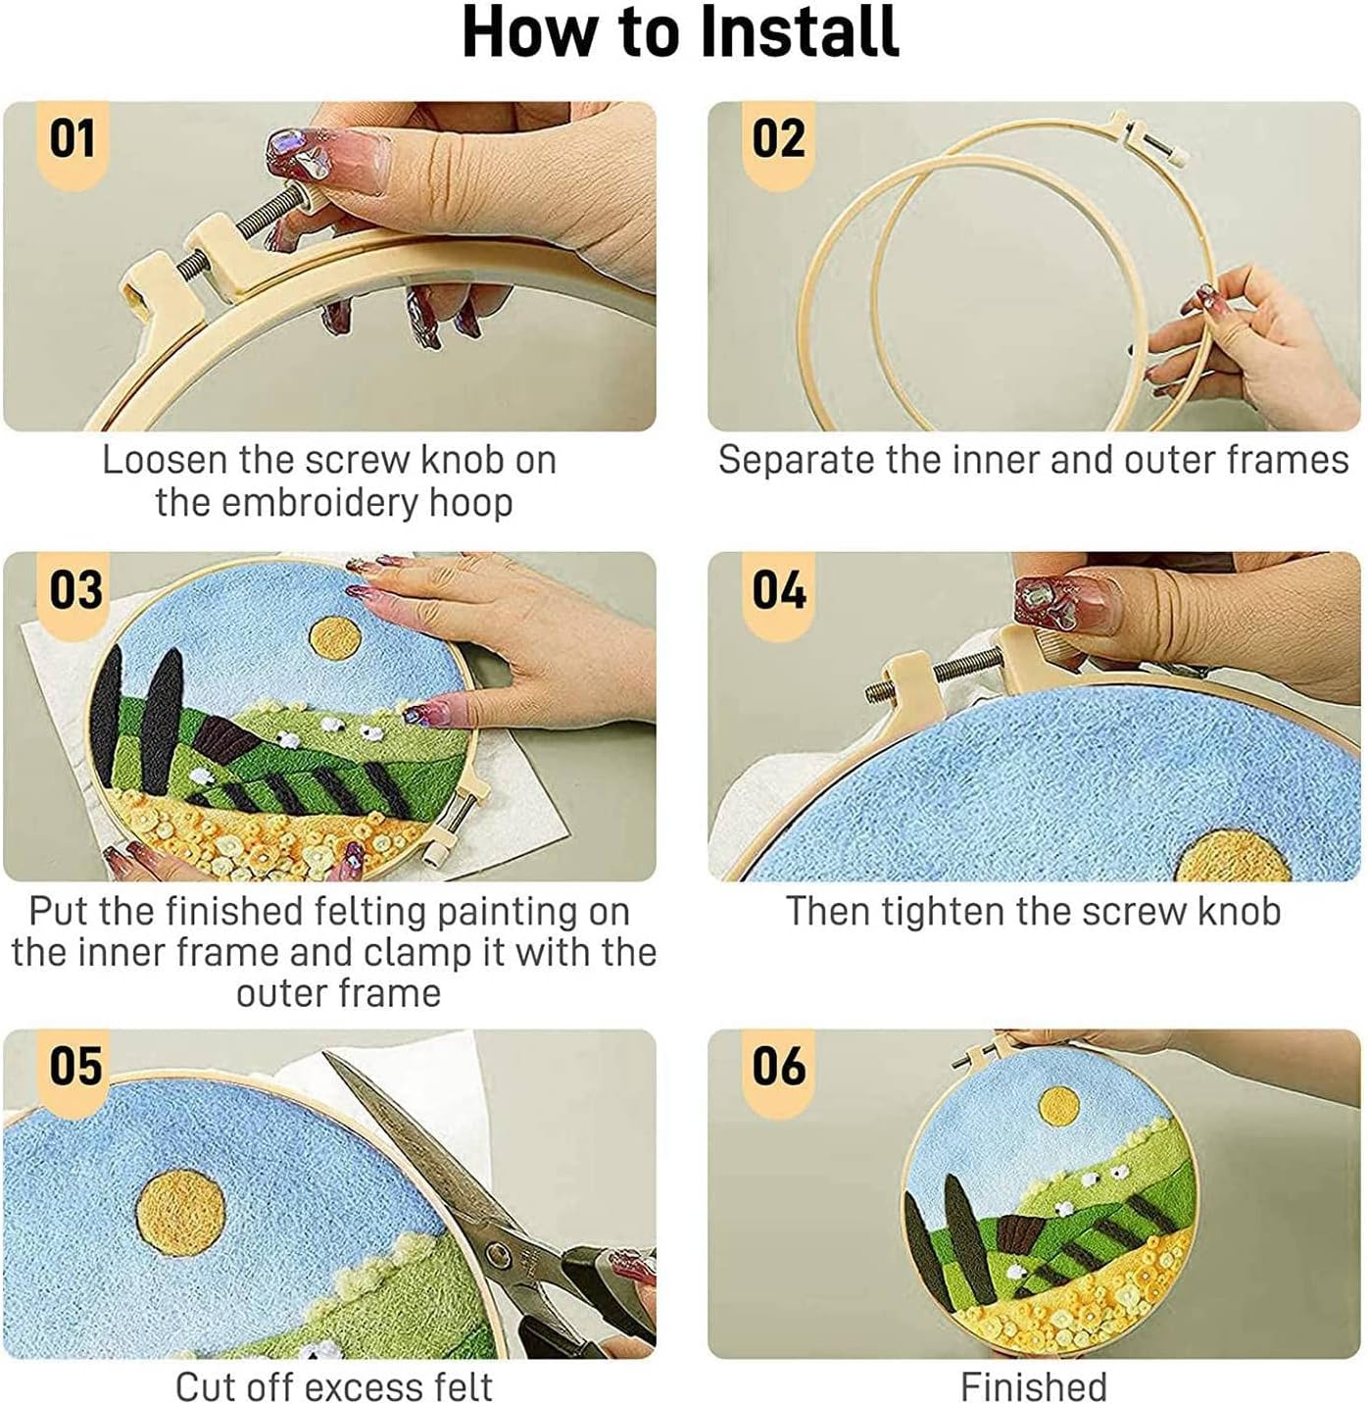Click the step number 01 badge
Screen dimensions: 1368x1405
(73, 142)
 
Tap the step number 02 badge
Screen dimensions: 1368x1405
(778, 142)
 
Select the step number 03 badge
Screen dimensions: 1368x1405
(75, 593)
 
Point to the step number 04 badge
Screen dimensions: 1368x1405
(778, 593)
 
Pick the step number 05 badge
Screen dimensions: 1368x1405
(75, 1070)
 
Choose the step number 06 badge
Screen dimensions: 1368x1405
(778, 1070)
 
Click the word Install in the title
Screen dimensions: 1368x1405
(800, 33)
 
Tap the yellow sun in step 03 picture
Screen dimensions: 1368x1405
(335, 638)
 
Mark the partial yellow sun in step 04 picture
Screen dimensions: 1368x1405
(1233, 856)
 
